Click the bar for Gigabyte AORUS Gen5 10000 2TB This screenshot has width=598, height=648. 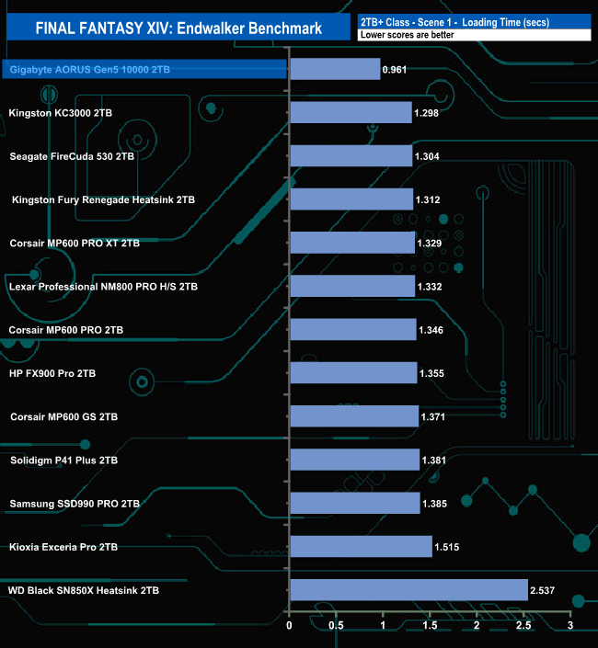click(335, 69)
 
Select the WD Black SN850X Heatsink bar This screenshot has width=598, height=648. click(408, 590)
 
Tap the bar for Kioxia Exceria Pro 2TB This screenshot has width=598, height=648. click(361, 547)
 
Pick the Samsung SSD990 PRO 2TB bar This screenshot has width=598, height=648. click(354, 504)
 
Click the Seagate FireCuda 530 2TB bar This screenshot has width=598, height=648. click(351, 156)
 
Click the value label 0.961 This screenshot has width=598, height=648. click(398, 69)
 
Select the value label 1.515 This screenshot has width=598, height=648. click(450, 547)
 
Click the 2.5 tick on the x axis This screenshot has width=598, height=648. click(523, 627)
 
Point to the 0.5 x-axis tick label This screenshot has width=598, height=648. click(337, 627)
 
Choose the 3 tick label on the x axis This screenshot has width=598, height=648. click(570, 627)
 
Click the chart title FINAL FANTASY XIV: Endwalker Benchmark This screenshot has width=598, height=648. click(178, 28)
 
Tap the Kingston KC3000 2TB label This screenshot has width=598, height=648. click(60, 113)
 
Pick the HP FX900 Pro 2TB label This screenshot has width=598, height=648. click(52, 373)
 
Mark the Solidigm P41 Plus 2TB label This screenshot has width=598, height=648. click(63, 460)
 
